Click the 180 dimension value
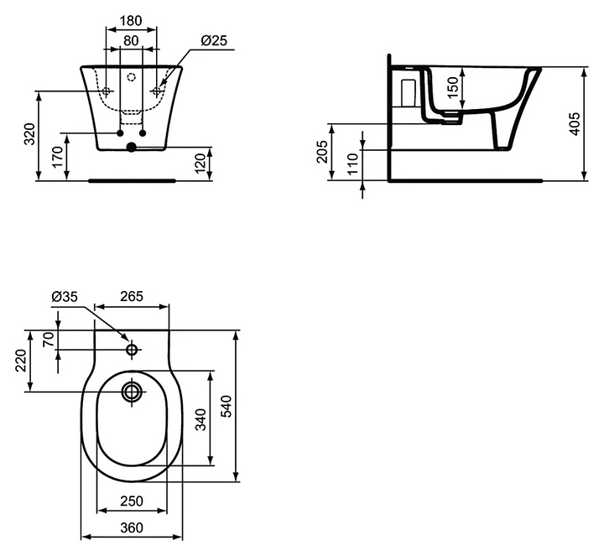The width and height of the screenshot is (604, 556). coord(130,18)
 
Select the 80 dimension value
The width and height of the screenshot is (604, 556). coord(130,39)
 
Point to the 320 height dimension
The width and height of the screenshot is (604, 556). coord(30,135)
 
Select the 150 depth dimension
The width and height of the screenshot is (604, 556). coord(452,86)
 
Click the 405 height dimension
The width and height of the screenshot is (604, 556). coord(575,123)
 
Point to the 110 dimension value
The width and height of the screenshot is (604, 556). coord(353,161)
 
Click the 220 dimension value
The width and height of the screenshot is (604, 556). coord(21,361)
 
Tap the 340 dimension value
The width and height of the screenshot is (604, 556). coord(200,418)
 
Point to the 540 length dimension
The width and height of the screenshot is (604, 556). coord(225,407)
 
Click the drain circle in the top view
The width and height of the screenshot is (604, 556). coord(132,391)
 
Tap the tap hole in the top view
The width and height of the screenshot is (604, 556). coord(132,349)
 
